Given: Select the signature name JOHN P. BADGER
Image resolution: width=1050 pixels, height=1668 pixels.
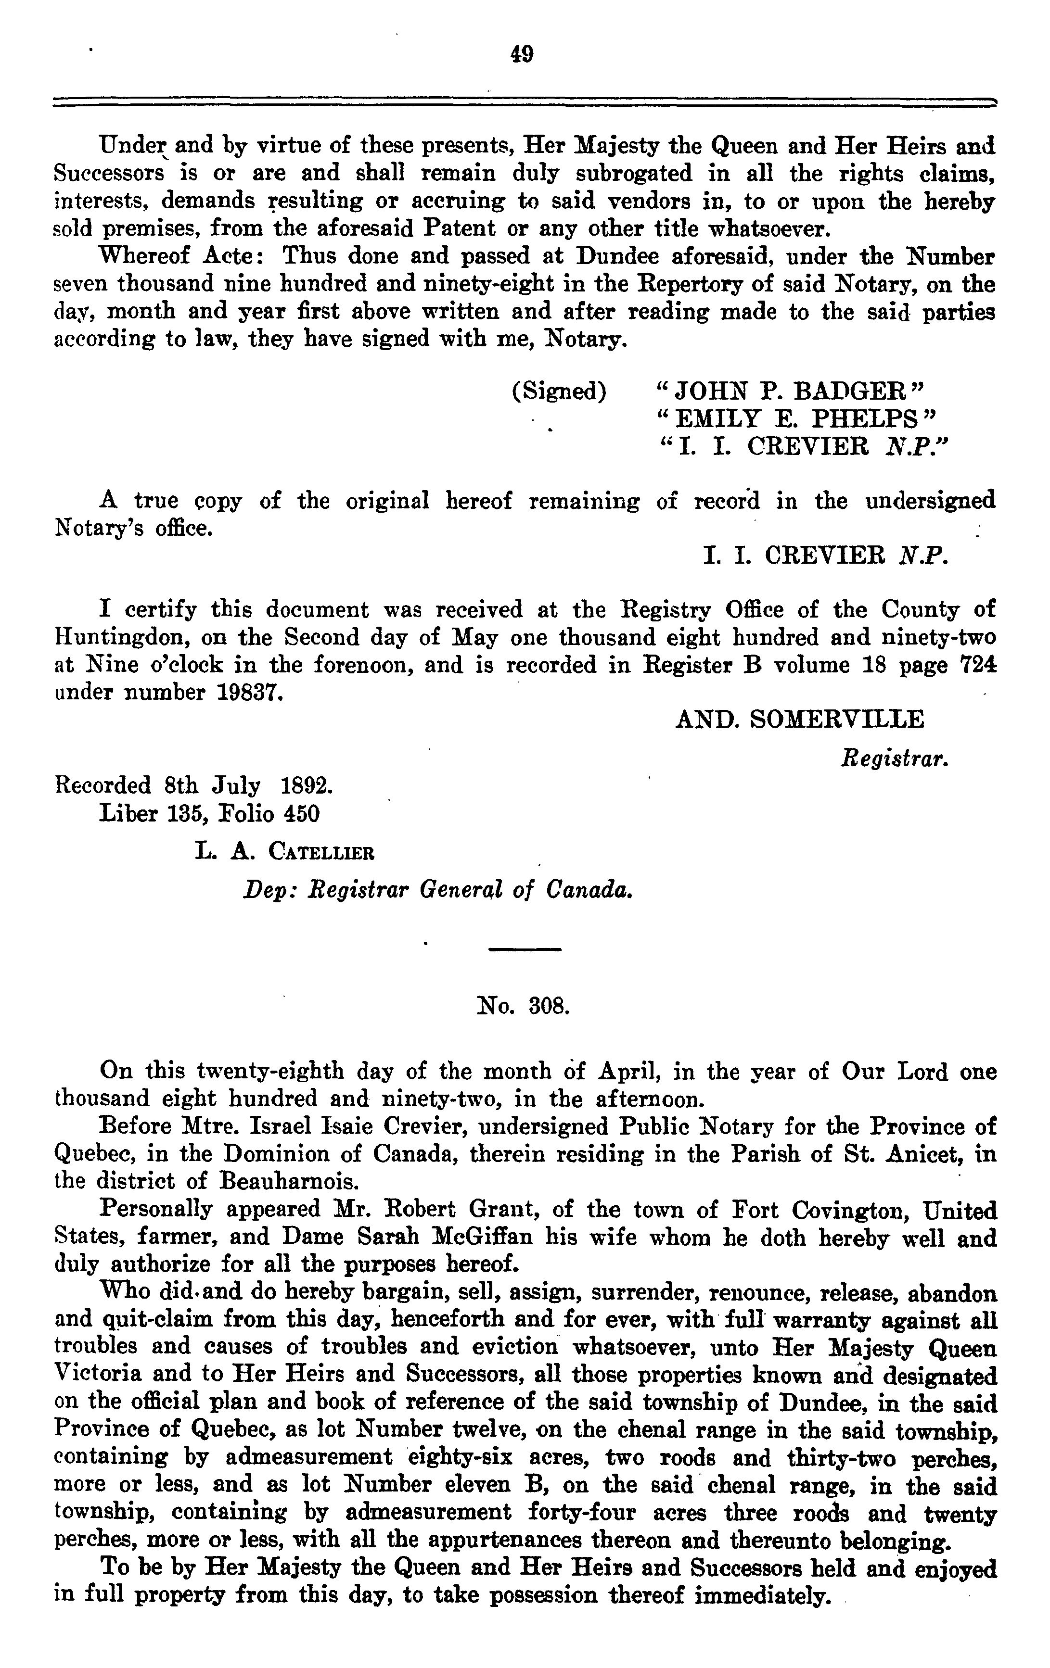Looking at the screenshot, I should [790, 392].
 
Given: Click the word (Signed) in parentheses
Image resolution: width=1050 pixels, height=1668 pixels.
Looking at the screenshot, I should [559, 392].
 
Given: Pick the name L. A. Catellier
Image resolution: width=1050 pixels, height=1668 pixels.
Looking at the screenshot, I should [285, 851].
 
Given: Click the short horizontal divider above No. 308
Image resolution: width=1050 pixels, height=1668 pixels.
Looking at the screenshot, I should [525, 949].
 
